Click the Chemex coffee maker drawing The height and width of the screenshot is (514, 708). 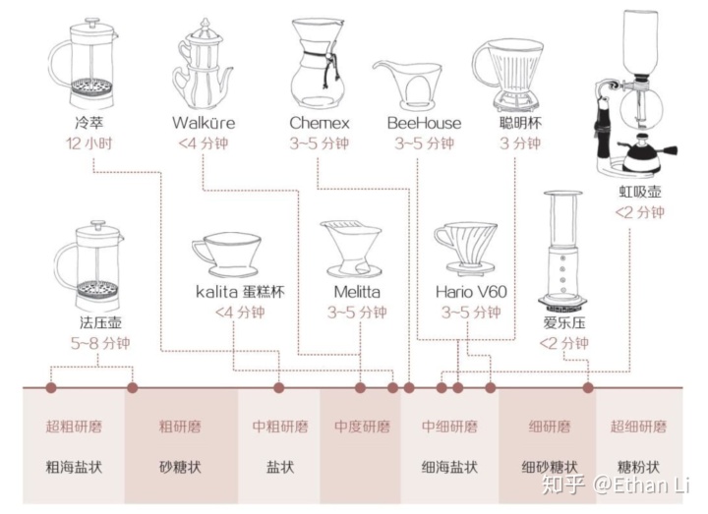319,63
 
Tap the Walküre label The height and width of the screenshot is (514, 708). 204,123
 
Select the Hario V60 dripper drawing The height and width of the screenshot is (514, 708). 465,249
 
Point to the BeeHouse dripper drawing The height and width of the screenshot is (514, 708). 408,85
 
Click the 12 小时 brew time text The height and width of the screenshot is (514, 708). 88,143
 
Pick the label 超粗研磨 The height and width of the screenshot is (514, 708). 74,427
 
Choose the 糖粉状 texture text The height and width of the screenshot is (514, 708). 638,467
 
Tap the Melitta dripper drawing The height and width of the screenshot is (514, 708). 350,249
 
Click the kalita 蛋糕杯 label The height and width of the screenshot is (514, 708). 240,292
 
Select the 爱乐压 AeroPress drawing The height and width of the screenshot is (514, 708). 562,252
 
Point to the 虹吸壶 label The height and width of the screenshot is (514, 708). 640,192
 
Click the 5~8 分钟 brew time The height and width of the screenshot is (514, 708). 100,343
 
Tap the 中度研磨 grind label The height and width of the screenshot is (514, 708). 362,427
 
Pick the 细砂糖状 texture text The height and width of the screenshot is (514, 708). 550,467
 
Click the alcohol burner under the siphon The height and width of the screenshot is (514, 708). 648,154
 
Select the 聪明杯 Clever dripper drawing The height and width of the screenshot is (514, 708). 508,76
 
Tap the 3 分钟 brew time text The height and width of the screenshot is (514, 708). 520,143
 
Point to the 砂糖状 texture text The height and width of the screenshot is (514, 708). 180,467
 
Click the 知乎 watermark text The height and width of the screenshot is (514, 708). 563,485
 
